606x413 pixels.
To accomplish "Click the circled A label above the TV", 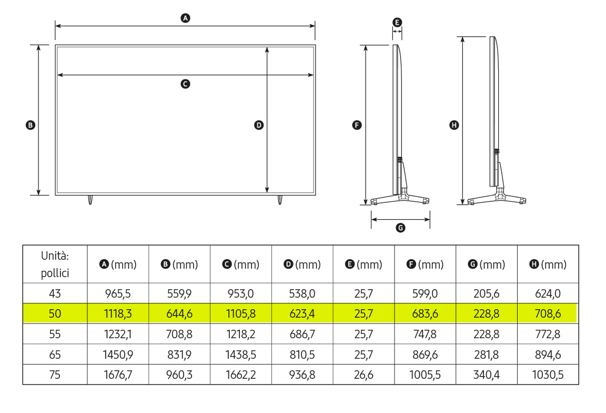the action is [x=186, y=18].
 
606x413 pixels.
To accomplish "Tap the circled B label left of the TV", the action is [x=30, y=125].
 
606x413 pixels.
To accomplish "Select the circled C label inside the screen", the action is [x=186, y=84].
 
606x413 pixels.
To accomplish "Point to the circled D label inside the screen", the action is [x=259, y=125].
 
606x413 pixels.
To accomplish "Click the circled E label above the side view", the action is [x=397, y=23].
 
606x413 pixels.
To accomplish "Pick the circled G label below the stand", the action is [x=400, y=228].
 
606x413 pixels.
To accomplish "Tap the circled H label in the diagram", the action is [x=454, y=125].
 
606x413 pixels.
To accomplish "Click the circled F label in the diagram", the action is [x=357, y=125].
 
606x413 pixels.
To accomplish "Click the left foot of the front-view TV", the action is [x=90, y=200].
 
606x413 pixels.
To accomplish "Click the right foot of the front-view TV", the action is [x=280, y=200].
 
